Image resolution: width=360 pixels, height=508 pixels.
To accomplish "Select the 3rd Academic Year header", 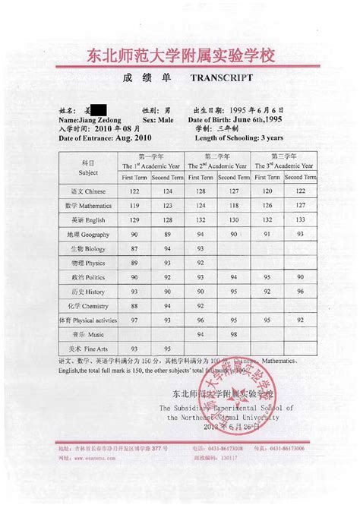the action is click(281, 163).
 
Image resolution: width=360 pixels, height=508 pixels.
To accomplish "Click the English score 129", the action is click(134, 219).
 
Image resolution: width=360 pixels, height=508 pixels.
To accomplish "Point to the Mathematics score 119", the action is click(134, 205).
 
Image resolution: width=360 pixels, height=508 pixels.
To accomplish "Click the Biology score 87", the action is click(134, 248).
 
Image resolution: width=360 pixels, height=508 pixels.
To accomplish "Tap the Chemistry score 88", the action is click(134, 306).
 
